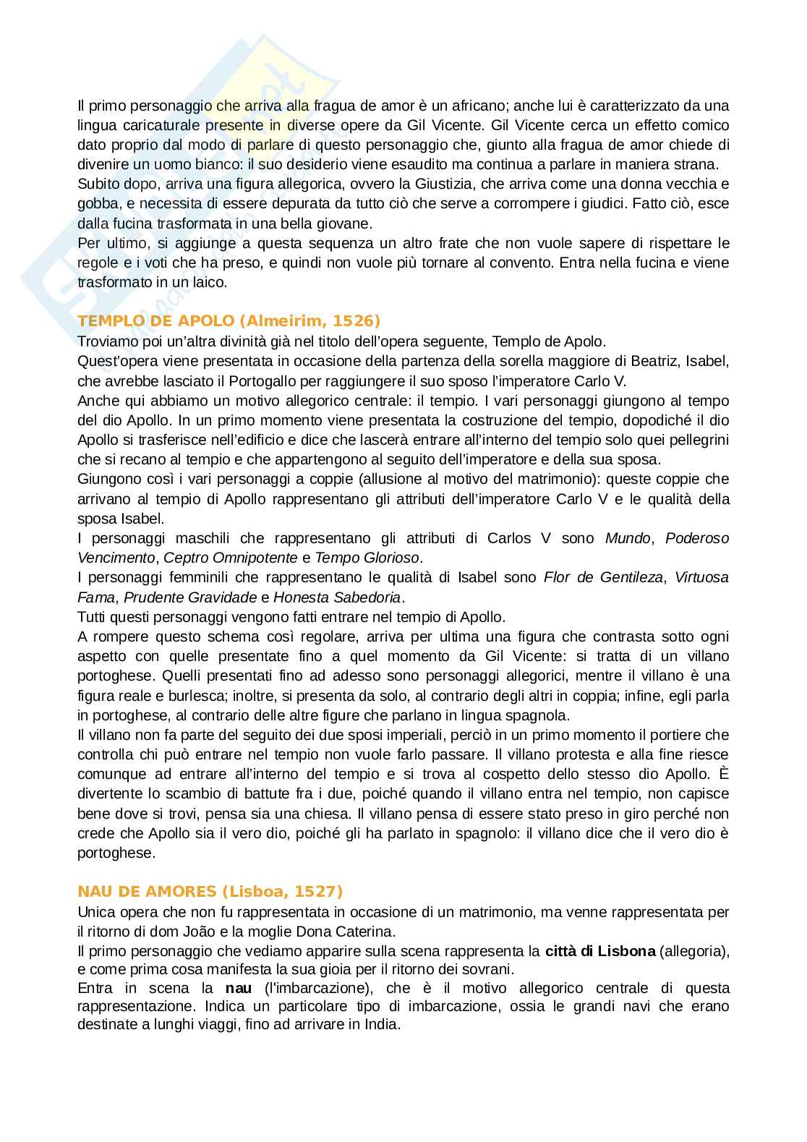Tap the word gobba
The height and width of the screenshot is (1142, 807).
coord(95,204)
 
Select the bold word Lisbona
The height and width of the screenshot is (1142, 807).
coord(628,950)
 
